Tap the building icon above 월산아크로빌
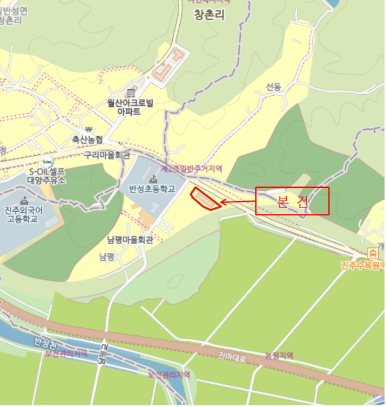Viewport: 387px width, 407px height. coord(131,93)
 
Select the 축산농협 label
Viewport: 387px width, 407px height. coord(88,140)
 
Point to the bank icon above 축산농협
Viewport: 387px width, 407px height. coord(88,129)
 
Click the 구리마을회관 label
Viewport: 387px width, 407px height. coord(107,155)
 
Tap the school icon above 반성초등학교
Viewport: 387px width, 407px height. coord(153,178)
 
